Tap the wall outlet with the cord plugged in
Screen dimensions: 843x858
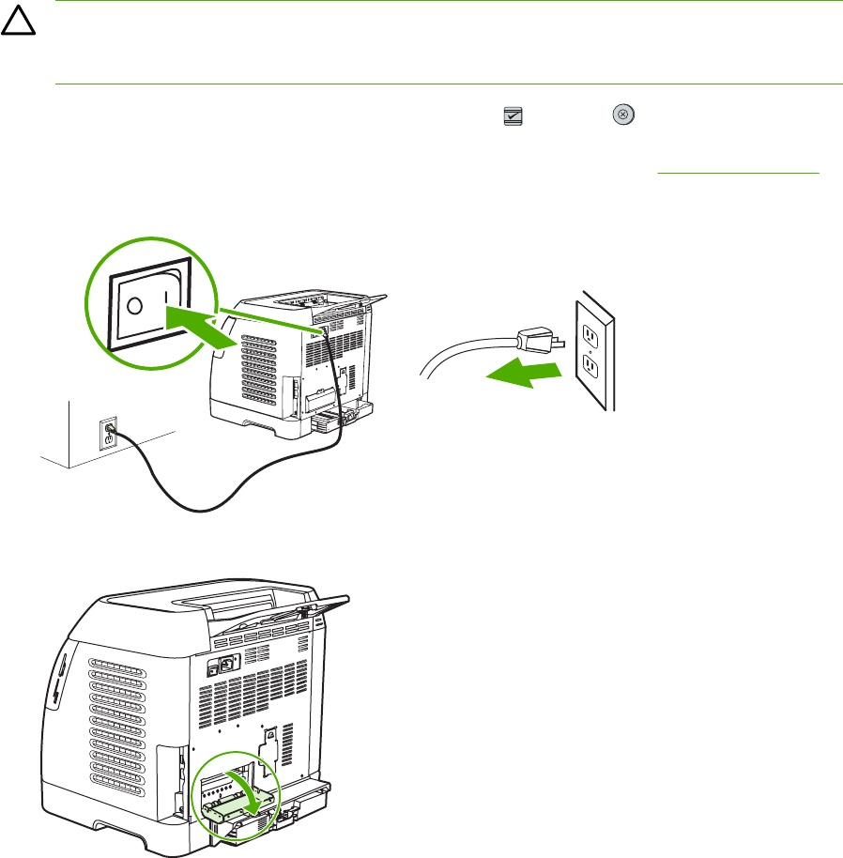(x=106, y=433)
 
